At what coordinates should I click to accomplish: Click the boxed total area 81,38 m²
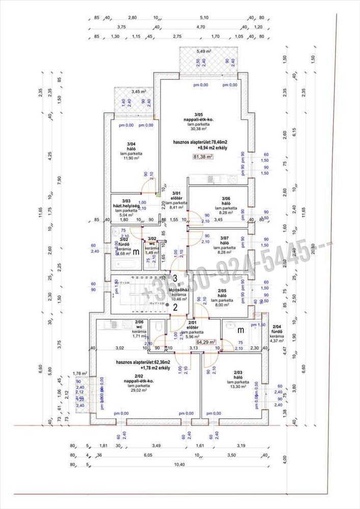click(x=203, y=157)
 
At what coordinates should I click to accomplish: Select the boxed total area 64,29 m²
click(x=206, y=342)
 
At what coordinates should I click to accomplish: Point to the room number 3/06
click(x=226, y=199)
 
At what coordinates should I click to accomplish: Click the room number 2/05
click(x=221, y=290)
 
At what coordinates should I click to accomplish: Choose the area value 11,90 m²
click(x=131, y=158)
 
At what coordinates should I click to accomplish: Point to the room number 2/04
click(x=276, y=327)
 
